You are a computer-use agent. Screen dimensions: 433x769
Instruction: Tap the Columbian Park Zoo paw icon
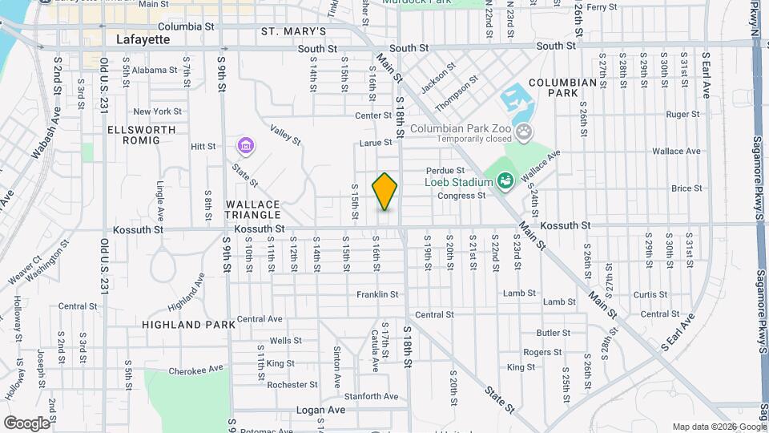click(523, 131)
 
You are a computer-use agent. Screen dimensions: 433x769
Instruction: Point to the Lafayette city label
click(143, 38)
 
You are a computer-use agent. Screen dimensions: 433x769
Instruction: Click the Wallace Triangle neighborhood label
click(253, 209)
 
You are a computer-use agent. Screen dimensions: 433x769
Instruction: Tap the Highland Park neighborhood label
click(189, 325)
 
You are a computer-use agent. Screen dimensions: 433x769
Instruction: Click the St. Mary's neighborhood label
click(293, 31)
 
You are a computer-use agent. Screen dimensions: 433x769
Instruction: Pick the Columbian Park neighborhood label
click(563, 87)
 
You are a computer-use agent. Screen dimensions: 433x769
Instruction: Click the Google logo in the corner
click(26, 423)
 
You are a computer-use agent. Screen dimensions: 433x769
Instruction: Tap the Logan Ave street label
click(320, 410)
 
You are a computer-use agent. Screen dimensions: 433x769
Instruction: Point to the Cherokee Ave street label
click(195, 370)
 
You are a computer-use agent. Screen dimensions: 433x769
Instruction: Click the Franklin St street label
click(377, 294)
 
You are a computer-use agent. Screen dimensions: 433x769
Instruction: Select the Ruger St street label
click(683, 115)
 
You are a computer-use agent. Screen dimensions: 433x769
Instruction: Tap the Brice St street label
click(686, 188)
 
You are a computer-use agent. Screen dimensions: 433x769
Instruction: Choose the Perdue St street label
click(445, 171)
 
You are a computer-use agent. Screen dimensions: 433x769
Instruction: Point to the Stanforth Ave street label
click(371, 396)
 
